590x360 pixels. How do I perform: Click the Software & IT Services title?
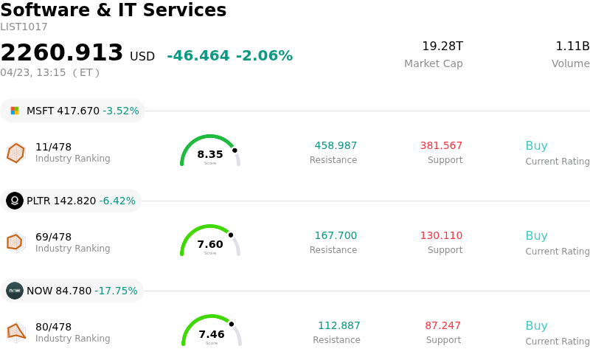point(114,10)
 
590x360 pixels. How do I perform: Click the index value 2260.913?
point(62,53)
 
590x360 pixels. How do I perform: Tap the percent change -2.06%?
point(264,56)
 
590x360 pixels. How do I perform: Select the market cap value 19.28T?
point(442,46)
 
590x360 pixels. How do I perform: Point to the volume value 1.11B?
point(572,46)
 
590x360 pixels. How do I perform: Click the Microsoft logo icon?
point(15,111)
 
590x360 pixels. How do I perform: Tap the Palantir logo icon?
point(15,201)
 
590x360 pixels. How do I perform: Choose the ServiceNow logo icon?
point(15,291)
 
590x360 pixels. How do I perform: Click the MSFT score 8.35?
point(210,154)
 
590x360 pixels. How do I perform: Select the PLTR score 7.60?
point(210,244)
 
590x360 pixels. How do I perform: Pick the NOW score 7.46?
point(212,334)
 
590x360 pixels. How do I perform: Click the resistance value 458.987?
point(336,146)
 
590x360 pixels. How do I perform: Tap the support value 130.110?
point(441,236)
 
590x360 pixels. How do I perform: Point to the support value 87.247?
point(442,326)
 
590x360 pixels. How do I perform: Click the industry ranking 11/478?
point(53,147)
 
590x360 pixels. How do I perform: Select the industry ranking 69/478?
point(53,237)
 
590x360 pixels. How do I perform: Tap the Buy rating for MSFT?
point(536,146)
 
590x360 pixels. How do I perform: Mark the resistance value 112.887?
point(339,326)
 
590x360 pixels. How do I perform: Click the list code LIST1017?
point(24,27)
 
